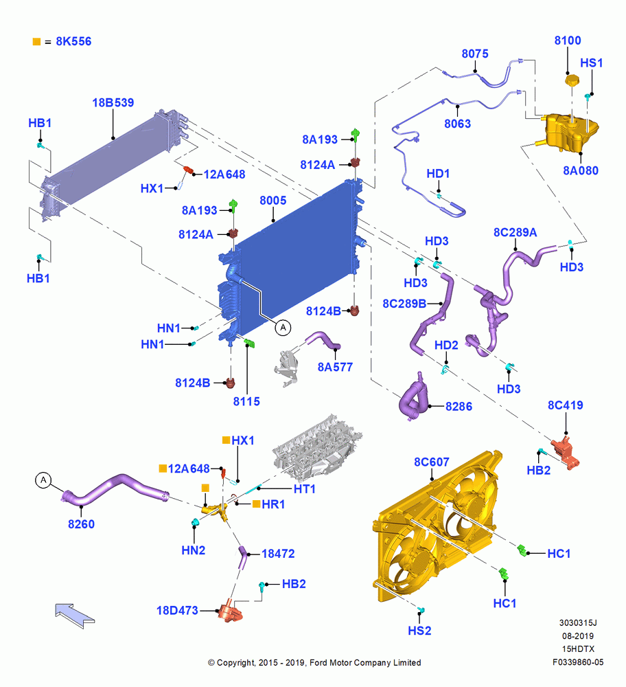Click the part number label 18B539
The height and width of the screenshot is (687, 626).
[113, 102]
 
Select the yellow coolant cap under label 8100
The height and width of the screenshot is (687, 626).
[571, 80]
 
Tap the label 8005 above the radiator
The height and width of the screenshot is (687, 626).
[273, 200]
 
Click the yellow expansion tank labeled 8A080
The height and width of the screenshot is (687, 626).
[570, 132]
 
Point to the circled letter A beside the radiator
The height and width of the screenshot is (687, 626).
[283, 327]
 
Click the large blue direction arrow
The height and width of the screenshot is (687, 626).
[74, 615]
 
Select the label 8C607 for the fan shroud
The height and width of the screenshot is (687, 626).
[432, 462]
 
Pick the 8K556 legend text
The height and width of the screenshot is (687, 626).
[73, 41]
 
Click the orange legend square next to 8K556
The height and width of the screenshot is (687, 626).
[37, 42]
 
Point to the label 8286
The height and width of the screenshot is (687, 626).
[459, 406]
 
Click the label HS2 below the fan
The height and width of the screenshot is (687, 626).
[419, 631]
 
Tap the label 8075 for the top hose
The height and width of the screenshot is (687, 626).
[475, 54]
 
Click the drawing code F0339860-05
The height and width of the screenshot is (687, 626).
[578, 662]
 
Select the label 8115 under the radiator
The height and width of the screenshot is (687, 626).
[246, 401]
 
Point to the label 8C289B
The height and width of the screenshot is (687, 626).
[404, 304]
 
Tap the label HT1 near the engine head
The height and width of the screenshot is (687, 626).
[304, 488]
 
